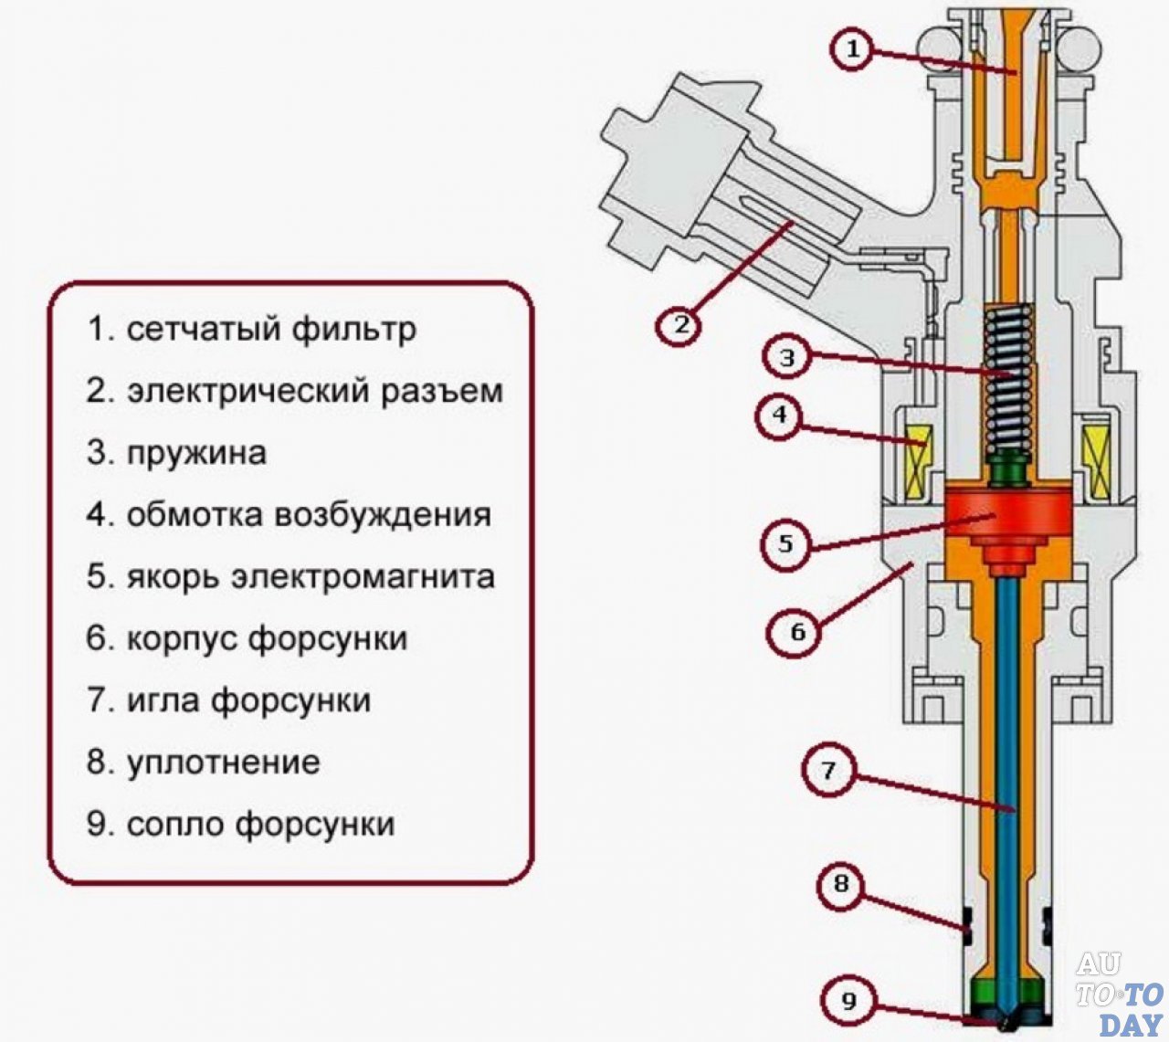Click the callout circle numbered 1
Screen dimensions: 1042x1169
[x=852, y=49]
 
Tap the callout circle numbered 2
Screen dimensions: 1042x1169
[x=679, y=324]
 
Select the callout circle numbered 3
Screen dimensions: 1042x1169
[x=788, y=357]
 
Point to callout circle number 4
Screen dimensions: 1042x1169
[x=779, y=416]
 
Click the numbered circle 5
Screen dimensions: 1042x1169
[x=785, y=544]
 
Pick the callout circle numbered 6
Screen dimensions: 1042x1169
[x=797, y=631]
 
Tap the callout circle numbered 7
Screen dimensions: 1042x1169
[x=827, y=770]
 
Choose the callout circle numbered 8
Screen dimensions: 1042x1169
[x=841, y=884]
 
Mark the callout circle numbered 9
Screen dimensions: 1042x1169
[x=849, y=1000]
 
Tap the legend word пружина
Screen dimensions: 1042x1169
[x=196, y=454]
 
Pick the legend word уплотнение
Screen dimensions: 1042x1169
[x=223, y=763]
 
